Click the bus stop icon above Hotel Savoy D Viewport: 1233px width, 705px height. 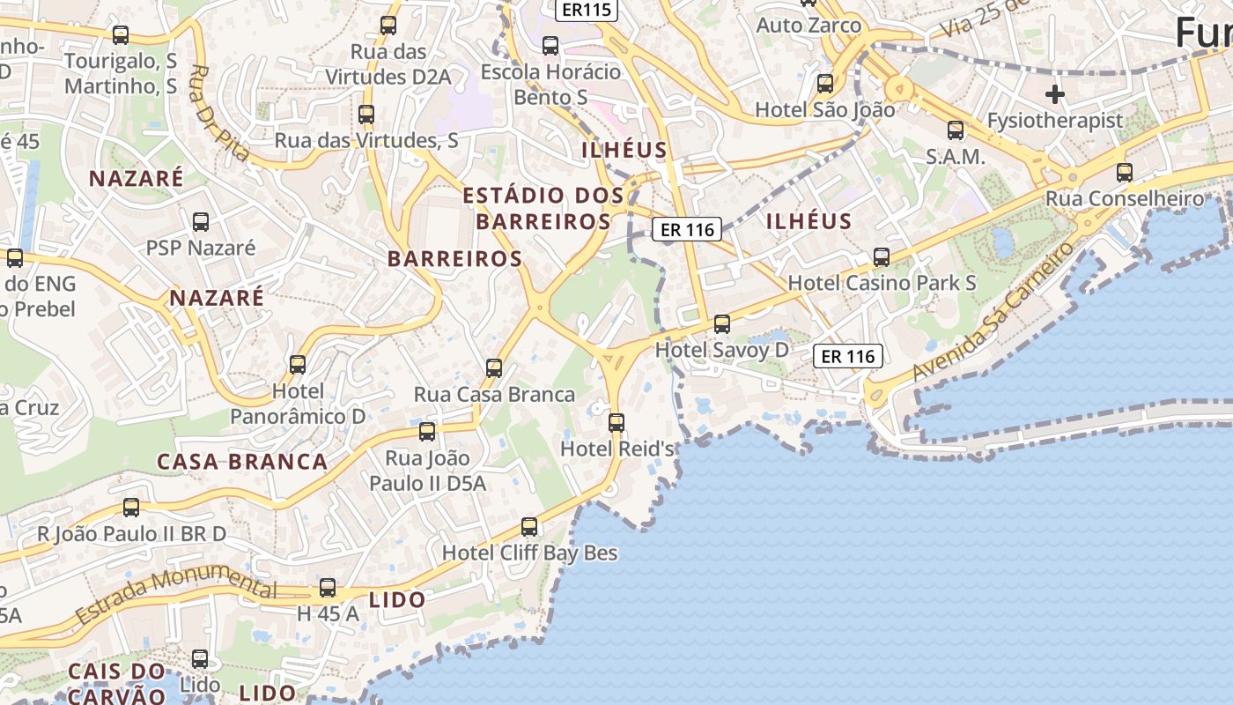coord(722,323)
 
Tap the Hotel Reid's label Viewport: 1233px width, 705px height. coord(617,449)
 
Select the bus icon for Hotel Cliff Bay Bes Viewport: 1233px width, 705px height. coord(529,527)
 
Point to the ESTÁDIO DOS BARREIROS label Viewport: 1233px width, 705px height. coord(543,208)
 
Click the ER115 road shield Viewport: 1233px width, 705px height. coord(587,9)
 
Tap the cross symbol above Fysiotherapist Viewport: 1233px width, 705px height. coord(1054,94)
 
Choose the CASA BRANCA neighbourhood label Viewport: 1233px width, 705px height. coord(242,462)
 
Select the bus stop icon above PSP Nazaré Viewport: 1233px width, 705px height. coord(201,221)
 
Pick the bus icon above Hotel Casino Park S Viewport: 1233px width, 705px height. coord(882,257)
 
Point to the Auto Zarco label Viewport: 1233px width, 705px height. coord(808,25)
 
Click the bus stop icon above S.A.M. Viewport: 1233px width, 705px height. coord(956,131)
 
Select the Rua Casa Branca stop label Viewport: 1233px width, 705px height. coord(494,394)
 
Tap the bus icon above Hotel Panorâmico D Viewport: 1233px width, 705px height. coord(298,364)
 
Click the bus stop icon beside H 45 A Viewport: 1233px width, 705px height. coord(328,587)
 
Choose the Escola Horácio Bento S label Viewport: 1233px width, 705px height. coord(550,84)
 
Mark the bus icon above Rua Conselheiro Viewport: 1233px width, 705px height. coord(1125,172)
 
